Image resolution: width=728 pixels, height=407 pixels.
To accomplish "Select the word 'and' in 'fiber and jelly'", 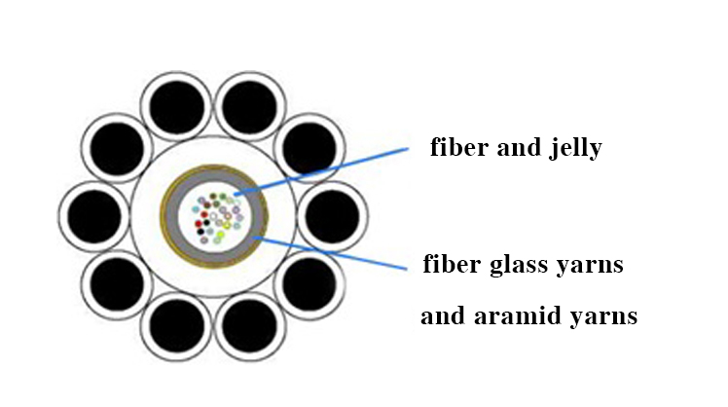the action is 519,147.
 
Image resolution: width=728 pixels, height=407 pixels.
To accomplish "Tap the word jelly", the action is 575,149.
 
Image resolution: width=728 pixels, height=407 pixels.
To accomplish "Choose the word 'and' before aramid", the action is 443,315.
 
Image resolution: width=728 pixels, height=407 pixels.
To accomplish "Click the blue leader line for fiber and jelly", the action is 321,171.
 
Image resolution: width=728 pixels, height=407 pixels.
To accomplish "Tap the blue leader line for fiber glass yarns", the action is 330,253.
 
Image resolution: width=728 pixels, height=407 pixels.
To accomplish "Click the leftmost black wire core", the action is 94,216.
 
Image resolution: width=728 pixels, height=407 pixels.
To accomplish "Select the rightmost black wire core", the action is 333,216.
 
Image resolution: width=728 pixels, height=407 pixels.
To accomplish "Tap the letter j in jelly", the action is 553,149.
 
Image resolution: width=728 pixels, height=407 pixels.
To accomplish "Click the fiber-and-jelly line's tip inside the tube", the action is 235,195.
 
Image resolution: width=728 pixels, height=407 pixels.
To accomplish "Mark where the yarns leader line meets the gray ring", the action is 254,238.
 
